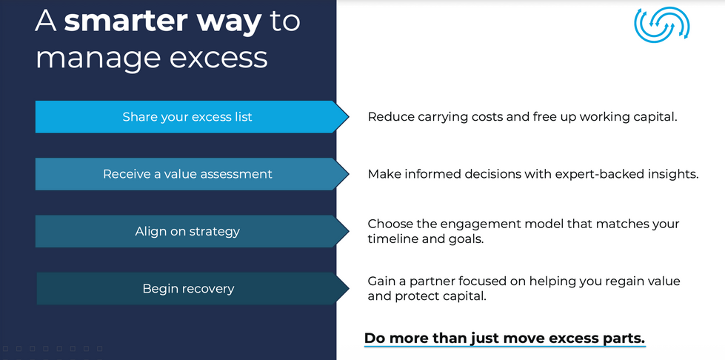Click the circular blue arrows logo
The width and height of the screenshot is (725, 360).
pyautogui.click(x=662, y=24)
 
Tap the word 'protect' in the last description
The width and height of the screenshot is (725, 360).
pyautogui.click(x=419, y=296)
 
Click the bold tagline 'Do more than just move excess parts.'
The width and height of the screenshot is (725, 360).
pyautogui.click(x=504, y=339)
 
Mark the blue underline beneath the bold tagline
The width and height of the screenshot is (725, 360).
pyautogui.click(x=504, y=346)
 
